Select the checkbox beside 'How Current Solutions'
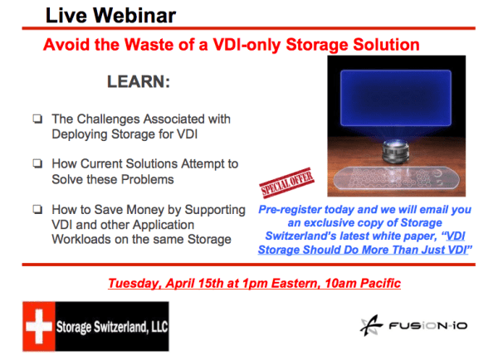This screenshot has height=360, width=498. coord(37,164)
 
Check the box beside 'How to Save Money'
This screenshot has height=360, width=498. coord(37,209)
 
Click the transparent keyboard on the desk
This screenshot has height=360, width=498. coord(395,179)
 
